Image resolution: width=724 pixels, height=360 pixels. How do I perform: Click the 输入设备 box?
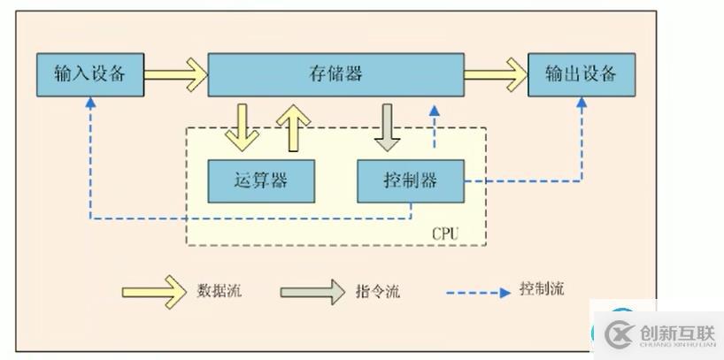click(89, 74)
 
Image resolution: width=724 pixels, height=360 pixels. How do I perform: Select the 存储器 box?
click(336, 74)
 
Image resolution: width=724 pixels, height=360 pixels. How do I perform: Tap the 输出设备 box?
click(581, 74)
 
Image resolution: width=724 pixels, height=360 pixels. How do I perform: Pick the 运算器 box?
click(260, 180)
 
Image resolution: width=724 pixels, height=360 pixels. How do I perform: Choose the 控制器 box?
click(410, 180)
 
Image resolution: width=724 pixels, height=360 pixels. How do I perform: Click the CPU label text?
click(445, 234)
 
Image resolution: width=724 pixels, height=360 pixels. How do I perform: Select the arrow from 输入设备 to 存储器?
click(175, 74)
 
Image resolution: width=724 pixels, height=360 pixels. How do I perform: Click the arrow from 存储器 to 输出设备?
click(495, 74)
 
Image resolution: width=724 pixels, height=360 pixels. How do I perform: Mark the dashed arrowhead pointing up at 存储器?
click(434, 111)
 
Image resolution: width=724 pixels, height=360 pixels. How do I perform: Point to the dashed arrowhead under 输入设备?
click(89, 103)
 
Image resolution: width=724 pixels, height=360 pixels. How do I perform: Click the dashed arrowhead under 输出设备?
click(582, 103)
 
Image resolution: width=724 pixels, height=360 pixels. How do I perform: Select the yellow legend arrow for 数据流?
click(155, 291)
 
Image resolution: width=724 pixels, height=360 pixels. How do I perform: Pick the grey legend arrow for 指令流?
click(313, 291)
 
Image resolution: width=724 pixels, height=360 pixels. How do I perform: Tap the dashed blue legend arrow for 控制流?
click(479, 291)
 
